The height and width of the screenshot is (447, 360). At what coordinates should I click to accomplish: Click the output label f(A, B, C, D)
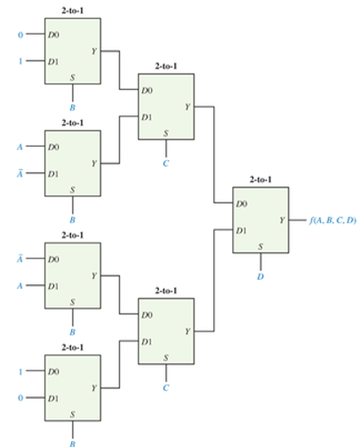pyautogui.click(x=331, y=218)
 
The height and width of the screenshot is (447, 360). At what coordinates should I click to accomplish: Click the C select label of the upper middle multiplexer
pyautogui.click(x=165, y=164)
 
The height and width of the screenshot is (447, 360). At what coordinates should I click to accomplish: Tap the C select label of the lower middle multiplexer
pyautogui.click(x=165, y=387)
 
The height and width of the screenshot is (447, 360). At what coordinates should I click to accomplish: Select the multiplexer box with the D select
pyautogui.click(x=260, y=220)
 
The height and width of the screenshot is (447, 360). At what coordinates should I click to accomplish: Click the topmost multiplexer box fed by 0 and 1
pyautogui.click(x=73, y=50)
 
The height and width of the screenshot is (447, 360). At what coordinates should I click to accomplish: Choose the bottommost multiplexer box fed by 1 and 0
pyautogui.click(x=73, y=386)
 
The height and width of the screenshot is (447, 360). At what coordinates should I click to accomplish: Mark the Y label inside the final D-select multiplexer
pyautogui.click(x=282, y=218)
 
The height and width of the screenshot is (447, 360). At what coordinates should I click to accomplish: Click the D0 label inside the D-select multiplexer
pyautogui.click(x=242, y=204)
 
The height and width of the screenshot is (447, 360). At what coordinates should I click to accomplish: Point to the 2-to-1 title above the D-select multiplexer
pyautogui.click(x=260, y=180)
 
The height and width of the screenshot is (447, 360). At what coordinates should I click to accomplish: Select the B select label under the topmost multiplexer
pyautogui.click(x=73, y=104)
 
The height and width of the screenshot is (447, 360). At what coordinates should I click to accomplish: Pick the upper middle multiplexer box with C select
pyautogui.click(x=165, y=106)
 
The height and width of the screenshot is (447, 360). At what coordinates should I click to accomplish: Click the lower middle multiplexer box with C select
pyautogui.click(x=165, y=330)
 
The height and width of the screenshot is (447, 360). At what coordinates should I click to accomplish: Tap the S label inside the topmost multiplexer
pyautogui.click(x=73, y=77)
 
